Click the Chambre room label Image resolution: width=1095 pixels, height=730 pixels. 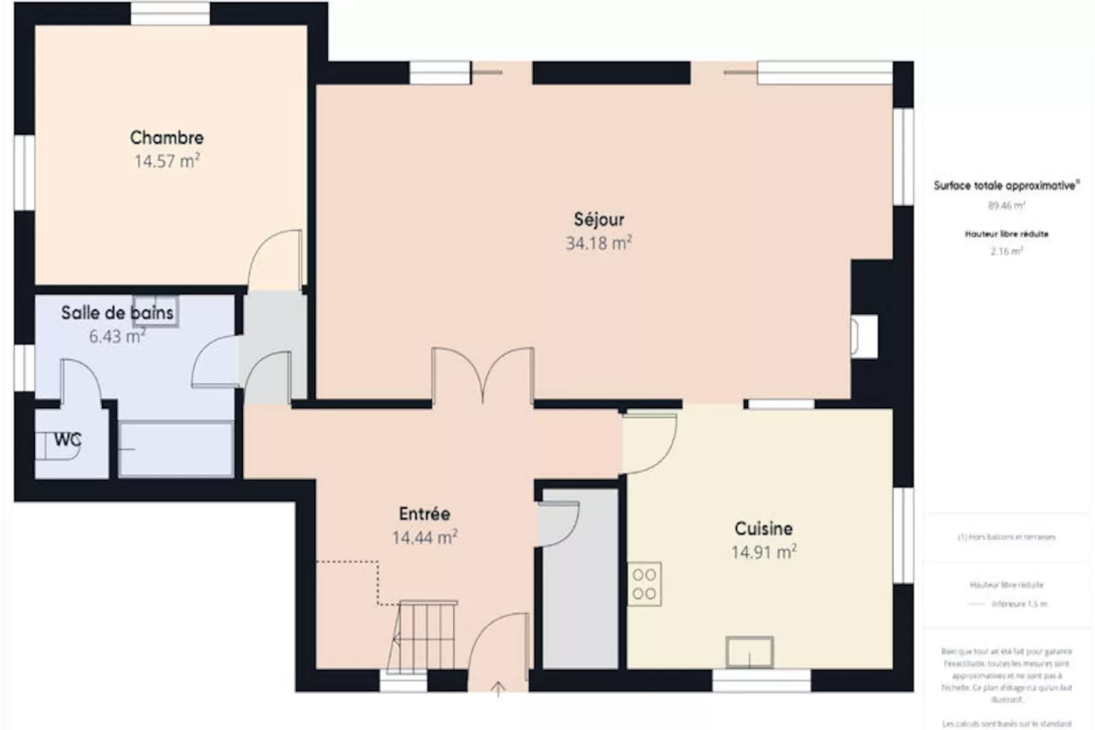(x=166, y=137)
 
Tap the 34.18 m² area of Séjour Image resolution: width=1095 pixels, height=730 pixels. (x=598, y=243)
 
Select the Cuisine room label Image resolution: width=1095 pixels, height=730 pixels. (x=763, y=528)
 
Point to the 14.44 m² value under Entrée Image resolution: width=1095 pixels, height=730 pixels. (x=424, y=538)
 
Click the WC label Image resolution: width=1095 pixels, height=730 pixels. (x=67, y=440)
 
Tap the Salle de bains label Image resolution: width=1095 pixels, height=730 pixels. (x=117, y=313)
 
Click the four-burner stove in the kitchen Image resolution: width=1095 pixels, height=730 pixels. (x=644, y=584)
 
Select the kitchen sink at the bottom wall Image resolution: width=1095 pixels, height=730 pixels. (x=749, y=652)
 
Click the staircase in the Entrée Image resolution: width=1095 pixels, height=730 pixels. (x=423, y=636)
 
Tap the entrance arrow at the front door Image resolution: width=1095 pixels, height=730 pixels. (x=498, y=689)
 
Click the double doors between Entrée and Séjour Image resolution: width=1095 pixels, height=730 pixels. (x=483, y=375)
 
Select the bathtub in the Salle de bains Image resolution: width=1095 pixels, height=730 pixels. (x=176, y=449)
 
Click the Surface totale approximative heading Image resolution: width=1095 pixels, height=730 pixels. (x=1006, y=186)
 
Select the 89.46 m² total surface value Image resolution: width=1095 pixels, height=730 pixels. (x=1006, y=205)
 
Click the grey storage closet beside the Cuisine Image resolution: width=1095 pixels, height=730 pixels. (x=580, y=600)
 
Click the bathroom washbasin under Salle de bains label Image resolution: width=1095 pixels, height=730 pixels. (x=155, y=311)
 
